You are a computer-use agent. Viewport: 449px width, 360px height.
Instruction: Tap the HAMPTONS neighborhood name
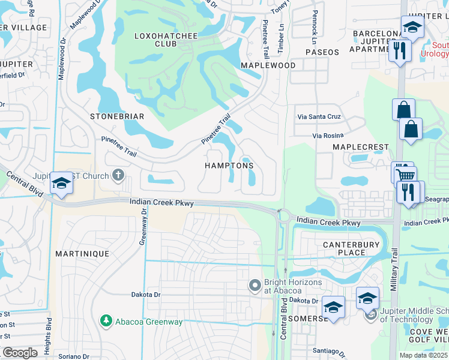coord(229,166)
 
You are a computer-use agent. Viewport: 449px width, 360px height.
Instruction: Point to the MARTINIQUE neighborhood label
coord(82,254)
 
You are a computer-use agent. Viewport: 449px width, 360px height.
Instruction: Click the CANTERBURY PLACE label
coord(351,248)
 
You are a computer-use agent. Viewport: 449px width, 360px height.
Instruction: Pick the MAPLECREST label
coord(361,146)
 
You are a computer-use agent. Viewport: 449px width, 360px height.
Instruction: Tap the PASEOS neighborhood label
coord(322,52)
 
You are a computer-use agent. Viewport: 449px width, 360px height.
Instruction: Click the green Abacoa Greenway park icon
coord(106,322)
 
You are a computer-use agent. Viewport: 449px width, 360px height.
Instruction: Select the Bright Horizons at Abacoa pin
coord(255,284)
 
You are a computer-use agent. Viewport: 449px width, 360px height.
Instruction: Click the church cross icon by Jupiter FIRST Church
coord(118,176)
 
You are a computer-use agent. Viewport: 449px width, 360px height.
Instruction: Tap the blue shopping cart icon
coord(406,175)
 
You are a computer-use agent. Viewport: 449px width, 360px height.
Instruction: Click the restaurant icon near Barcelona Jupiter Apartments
coord(399,50)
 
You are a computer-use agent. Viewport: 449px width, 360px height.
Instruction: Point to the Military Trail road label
coord(395,270)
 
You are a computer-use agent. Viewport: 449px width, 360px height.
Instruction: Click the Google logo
coord(20,352)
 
